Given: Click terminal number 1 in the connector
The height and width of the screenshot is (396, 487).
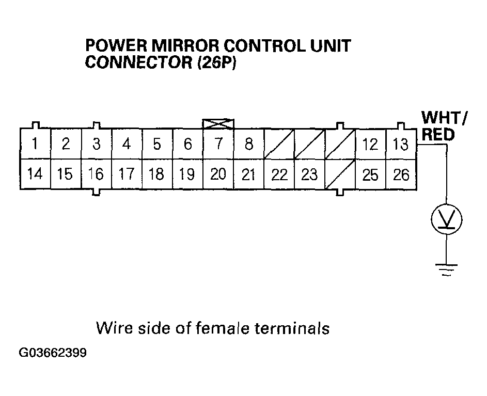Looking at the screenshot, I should coord(35,144).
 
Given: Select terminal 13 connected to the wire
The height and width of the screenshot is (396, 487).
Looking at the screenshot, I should coord(401,144).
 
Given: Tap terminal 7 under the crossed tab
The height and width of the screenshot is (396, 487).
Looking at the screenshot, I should coord(218,144).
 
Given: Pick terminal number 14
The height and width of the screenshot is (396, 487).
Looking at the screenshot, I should coord(35,175).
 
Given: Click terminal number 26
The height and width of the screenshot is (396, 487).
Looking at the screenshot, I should coord(401,175).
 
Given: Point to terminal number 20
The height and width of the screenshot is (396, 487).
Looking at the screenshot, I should coord(218,175).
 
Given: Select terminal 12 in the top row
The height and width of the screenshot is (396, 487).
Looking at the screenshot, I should coord(370,144).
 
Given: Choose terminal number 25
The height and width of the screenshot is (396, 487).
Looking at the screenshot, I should coord(370,175).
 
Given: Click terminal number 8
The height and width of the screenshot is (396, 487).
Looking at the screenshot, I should coord(248,144).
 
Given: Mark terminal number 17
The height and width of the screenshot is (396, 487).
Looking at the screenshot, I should coord(127,175).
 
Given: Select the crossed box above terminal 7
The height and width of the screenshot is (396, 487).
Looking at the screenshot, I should coord(218,123).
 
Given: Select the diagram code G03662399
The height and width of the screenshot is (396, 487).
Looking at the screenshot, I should coord(53,354).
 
